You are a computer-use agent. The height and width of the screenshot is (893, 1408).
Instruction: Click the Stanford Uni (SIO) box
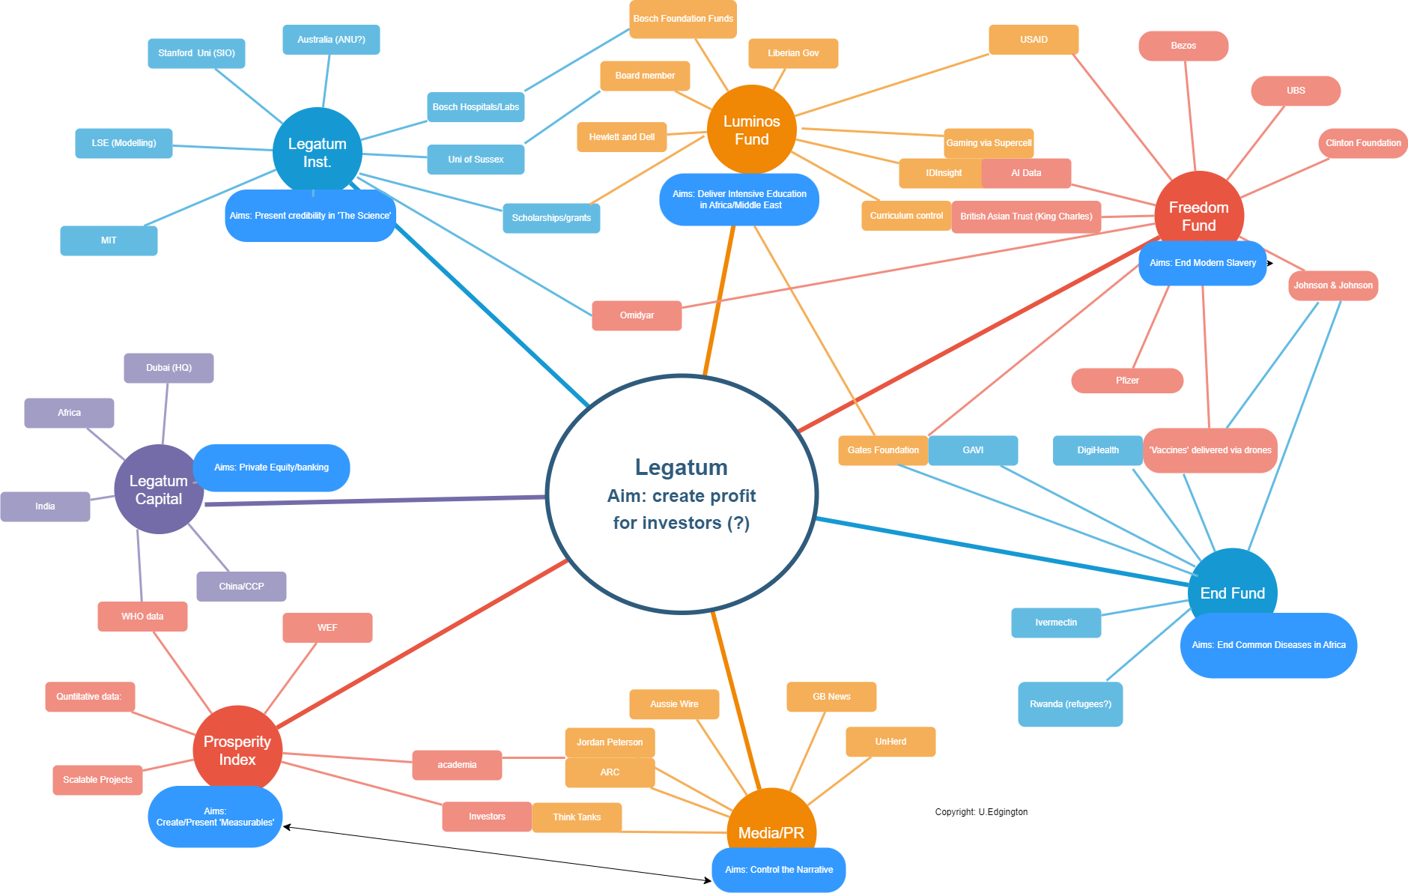196,53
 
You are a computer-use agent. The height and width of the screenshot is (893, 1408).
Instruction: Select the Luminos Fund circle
751,130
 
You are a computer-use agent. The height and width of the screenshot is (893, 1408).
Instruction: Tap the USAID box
1034,40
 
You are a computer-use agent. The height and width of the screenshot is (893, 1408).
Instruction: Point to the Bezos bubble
1183,46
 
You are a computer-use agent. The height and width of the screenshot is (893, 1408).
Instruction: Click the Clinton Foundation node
1362,143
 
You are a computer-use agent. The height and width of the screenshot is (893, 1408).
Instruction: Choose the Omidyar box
637,315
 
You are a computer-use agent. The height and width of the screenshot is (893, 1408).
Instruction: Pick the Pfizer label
1127,381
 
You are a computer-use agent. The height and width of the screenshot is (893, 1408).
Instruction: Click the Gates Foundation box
883,450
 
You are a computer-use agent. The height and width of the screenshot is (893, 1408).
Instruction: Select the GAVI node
973,450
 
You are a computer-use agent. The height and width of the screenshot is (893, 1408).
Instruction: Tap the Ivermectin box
1056,623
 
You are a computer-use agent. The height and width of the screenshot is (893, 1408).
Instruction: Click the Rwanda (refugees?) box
1070,704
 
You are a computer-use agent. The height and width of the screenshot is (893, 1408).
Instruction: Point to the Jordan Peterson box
610,742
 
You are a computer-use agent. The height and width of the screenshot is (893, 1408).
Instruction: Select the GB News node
831,697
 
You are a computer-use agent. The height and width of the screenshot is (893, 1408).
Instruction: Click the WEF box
327,628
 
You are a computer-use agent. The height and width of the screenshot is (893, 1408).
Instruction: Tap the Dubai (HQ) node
169,368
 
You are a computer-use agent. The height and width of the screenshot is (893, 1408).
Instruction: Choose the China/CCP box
241,587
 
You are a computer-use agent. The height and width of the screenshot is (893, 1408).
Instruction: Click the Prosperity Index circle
237,750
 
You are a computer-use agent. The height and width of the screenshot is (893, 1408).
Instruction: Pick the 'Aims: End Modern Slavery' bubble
1203,263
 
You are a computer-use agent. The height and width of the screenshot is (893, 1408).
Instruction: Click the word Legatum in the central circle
682,467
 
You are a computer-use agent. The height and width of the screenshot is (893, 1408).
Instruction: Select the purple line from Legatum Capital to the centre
374,500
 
